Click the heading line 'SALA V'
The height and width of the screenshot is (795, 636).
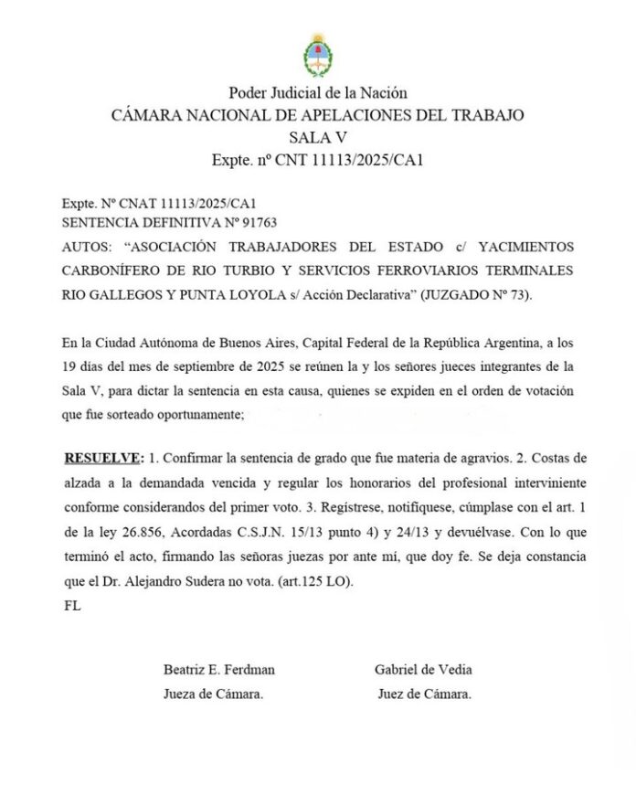pos(317,138)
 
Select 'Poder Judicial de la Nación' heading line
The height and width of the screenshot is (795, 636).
pos(317,92)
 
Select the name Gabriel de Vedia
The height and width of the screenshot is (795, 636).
pos(423,670)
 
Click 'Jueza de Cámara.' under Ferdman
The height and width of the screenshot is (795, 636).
pos(214,694)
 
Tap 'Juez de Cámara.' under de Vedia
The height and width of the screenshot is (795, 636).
pos(424,694)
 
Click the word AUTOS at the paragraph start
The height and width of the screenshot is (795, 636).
pos(87,248)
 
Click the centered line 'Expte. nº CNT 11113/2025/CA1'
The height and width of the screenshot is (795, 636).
pos(317,160)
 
